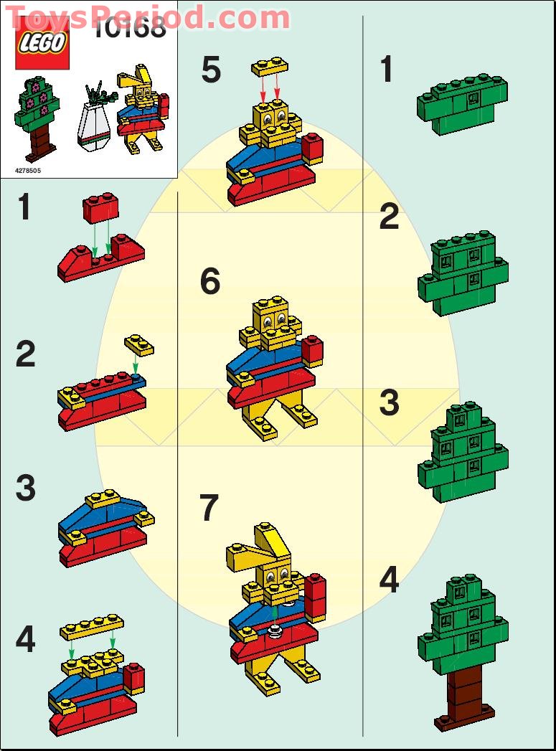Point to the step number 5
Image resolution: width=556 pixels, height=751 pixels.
coord(211,71)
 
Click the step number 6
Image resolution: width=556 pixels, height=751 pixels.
coord(210,282)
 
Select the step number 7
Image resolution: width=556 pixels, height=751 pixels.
coord(209,509)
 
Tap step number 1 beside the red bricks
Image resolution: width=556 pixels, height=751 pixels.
coord(24,208)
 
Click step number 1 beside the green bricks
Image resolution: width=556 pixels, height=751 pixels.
coord(387,70)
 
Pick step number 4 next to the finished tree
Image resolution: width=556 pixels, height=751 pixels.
coord(388,580)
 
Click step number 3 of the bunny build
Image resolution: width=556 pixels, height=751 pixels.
coord(25,489)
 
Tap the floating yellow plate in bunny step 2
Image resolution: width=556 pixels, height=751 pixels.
coord(138,345)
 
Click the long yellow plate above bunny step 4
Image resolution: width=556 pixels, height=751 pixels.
coord(91,627)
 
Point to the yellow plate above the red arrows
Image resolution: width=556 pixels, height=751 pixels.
coord(270,67)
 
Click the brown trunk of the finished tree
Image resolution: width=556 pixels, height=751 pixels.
coord(465,693)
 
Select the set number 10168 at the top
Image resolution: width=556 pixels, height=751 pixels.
coord(131,29)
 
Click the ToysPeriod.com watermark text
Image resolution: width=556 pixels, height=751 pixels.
coord(147,16)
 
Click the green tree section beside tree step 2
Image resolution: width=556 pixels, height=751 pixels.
coord(463,273)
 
